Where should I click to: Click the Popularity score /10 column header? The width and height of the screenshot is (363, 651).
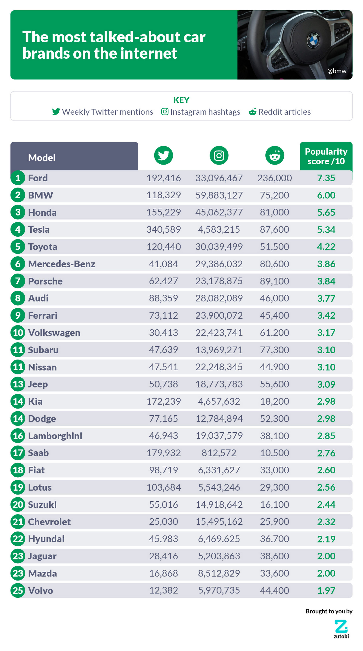(326, 156)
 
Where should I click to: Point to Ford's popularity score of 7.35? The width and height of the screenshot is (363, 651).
(326, 178)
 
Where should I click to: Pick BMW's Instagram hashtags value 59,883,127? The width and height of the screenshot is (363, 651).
(219, 195)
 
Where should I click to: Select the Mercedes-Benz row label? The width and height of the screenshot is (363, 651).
(61, 264)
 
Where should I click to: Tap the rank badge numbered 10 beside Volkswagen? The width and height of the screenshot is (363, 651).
(18, 332)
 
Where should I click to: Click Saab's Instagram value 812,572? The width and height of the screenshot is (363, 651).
(219, 453)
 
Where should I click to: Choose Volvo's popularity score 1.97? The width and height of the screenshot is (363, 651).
(326, 590)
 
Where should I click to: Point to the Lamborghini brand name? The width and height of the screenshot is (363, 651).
(55, 436)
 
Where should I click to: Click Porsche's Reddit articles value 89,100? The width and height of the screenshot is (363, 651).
(274, 281)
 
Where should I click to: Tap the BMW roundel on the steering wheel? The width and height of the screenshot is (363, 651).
(313, 40)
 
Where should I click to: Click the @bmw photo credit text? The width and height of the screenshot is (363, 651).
(337, 71)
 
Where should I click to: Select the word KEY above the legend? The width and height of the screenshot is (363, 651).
(181, 100)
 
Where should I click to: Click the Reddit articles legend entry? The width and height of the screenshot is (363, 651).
(280, 112)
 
